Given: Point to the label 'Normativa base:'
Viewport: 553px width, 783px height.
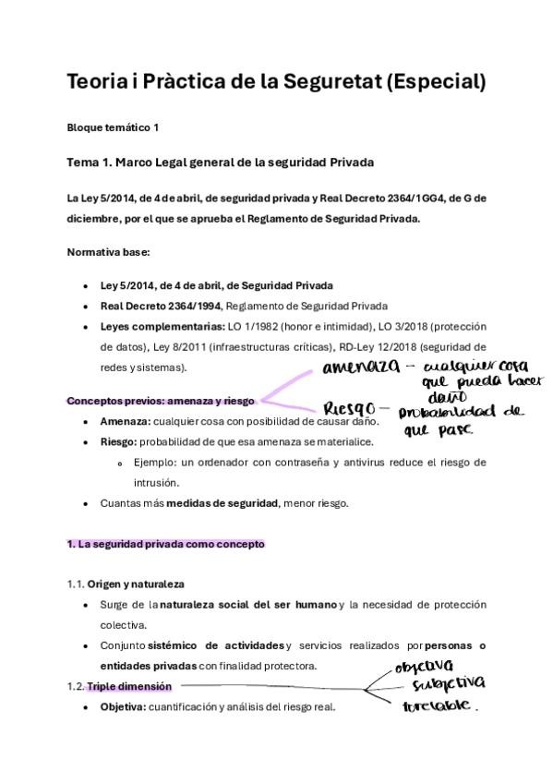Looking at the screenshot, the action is tap(102, 251).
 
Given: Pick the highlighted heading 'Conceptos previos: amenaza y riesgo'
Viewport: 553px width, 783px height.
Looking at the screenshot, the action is tap(161, 401).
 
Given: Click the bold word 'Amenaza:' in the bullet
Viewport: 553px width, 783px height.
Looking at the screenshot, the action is tap(125, 421).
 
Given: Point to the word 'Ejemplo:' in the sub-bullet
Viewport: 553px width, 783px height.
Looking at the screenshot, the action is tap(154, 462).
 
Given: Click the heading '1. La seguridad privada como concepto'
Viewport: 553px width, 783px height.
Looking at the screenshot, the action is tap(166, 544).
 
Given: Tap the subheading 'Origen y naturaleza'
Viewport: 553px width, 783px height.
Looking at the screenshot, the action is tap(136, 584).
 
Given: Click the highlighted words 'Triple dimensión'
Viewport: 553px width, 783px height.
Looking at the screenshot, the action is tap(128, 685).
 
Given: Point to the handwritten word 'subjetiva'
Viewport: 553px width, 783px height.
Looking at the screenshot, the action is tap(448, 684).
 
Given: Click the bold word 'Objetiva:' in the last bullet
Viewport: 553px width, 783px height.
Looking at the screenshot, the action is tap(126, 706).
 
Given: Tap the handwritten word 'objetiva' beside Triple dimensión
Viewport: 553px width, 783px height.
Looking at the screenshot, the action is tap(424, 665).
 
